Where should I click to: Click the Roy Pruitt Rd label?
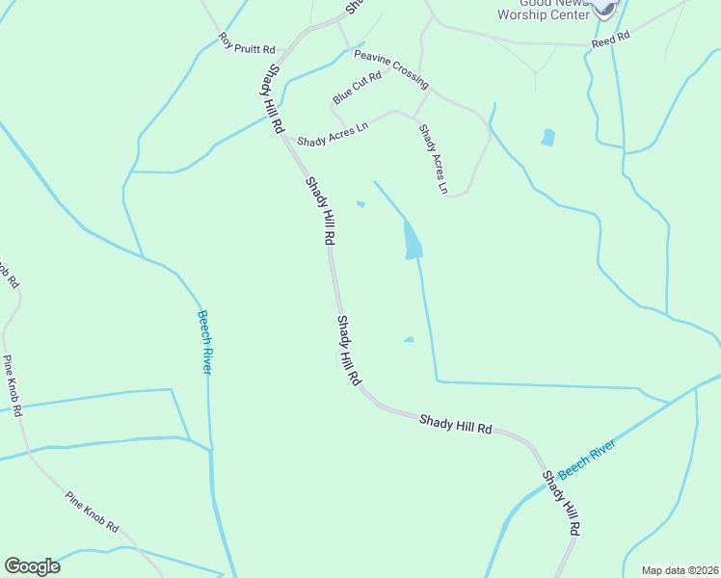247,43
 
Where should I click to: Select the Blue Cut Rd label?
358,88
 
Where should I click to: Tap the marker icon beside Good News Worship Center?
602,7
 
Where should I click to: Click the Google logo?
32,566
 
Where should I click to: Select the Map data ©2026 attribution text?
679,570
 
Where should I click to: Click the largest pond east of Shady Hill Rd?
413,242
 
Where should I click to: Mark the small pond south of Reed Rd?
548,137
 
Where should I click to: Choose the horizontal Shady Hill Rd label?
455,423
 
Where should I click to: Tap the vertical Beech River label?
204,342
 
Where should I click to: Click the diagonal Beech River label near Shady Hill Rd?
586,455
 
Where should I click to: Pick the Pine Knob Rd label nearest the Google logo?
92,512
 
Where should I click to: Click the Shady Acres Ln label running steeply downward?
434,159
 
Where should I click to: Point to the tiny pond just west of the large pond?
360,203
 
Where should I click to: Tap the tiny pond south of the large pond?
409,339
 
